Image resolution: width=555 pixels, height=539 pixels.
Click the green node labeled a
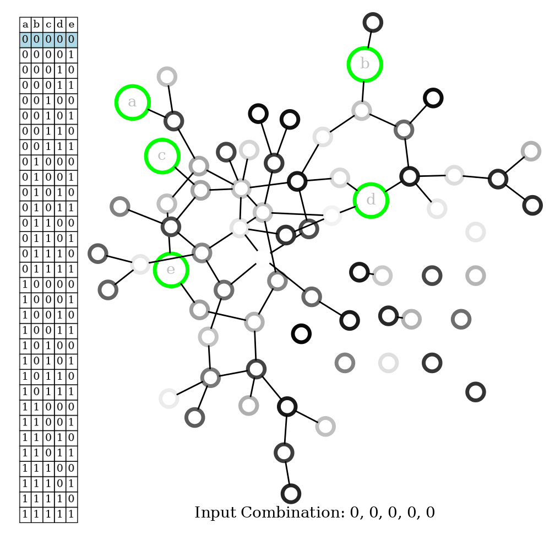click(132, 102)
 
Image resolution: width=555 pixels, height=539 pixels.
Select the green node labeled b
click(364, 63)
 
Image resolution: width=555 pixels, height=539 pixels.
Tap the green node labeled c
click(162, 155)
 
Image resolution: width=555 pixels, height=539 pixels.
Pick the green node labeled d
click(372, 200)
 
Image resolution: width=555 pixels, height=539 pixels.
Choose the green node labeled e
click(171, 269)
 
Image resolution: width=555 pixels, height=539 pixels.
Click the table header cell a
click(25, 24)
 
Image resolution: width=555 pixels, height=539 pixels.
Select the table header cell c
click(48, 24)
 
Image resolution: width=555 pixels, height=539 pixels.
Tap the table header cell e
click(72, 24)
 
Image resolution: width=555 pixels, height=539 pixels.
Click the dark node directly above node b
click(373, 22)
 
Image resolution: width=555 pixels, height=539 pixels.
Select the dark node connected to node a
click(173, 120)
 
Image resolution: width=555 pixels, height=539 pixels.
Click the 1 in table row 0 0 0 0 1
click(72, 55)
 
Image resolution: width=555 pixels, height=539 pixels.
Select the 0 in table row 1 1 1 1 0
click(72, 503)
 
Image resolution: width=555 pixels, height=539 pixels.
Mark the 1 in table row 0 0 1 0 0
click(48, 101)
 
